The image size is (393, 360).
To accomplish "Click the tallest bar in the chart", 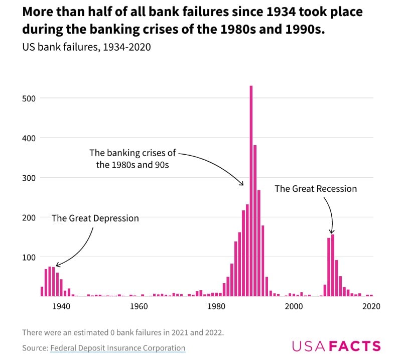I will [251, 191].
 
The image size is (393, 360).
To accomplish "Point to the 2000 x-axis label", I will [294, 306].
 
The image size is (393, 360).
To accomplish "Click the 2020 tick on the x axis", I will [371, 306].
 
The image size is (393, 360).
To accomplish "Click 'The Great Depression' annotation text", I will [95, 218].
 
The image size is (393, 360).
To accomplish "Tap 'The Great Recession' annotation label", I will [316, 189].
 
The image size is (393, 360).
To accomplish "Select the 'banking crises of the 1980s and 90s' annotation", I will [133, 158].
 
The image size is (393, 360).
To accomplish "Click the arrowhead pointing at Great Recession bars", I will [331, 231].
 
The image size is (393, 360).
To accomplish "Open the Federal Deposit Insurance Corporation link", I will [117, 348].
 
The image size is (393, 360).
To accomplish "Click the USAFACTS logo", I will [336, 346].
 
